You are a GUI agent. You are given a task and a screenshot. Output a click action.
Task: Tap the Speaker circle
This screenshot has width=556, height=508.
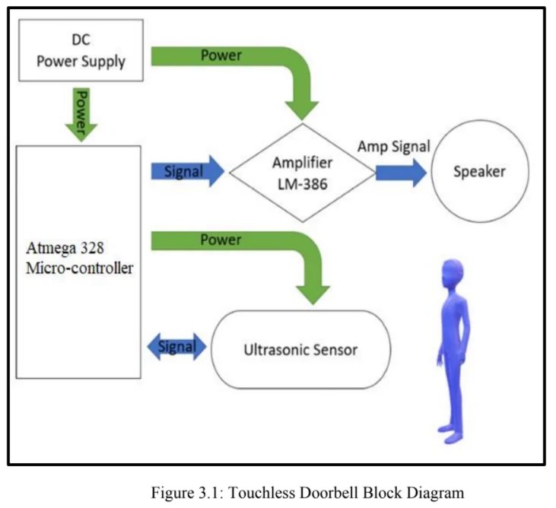pyautogui.click(x=479, y=172)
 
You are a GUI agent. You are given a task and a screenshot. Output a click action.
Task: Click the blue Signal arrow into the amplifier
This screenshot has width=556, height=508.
pyautogui.click(x=188, y=172)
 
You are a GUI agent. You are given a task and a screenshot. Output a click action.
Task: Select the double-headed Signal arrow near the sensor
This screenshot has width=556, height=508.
pyautogui.click(x=176, y=348)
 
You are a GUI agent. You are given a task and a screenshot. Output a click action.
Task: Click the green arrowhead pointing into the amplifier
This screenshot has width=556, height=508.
pyautogui.click(x=303, y=109)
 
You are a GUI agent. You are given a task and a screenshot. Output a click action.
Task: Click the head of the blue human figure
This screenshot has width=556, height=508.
pyautogui.click(x=454, y=271)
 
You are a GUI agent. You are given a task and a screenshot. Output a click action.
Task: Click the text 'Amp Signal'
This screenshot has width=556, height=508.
pyautogui.click(x=394, y=147)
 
